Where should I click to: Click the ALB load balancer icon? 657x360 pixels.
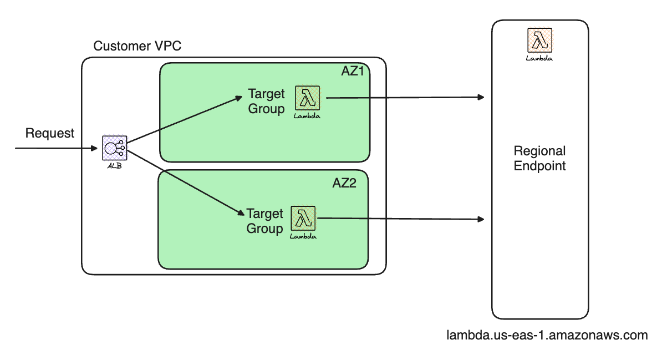[115, 148]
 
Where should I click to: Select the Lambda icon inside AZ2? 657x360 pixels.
[303, 219]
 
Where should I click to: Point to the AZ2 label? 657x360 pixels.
[344, 184]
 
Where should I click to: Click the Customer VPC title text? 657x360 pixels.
[137, 45]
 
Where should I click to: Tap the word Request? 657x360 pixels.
[50, 133]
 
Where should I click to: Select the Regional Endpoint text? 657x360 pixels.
[539, 158]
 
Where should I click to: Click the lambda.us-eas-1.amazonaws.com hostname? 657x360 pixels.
[547, 335]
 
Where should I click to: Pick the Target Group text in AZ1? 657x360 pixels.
[266, 101]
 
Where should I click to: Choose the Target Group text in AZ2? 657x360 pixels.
[264, 221]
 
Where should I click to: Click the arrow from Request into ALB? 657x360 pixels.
[55, 149]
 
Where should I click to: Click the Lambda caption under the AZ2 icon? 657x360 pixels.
[303, 236]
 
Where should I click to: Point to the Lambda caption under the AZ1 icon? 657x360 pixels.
[308, 116]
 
